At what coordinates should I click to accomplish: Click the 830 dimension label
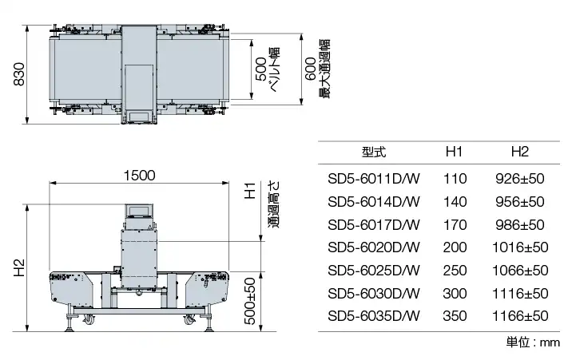[18, 74]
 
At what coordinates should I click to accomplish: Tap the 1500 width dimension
[139, 176]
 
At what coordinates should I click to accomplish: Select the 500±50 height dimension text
[250, 301]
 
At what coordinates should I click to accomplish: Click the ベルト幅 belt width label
[274, 69]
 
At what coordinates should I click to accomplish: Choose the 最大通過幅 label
[324, 69]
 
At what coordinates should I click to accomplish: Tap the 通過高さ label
[274, 205]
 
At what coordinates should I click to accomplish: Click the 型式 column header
[374, 152]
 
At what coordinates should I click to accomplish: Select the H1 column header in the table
[455, 152]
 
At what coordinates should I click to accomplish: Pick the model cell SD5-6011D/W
[374, 179]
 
